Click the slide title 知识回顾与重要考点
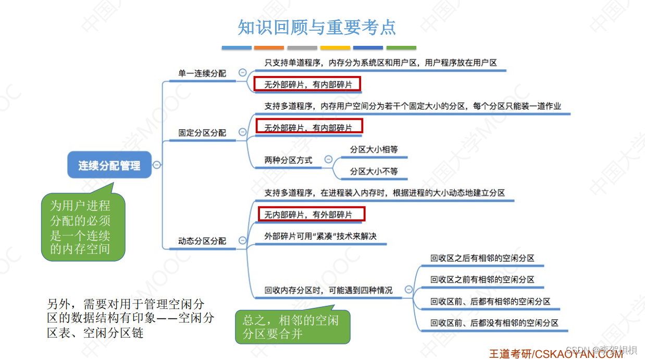(317, 27)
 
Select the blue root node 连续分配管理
(109, 166)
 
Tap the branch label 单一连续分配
(202, 73)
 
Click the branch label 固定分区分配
(202, 133)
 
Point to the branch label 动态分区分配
(202, 241)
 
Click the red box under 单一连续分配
(307, 84)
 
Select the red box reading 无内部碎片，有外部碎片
(312, 214)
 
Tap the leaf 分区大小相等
(374, 150)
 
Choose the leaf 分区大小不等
(374, 171)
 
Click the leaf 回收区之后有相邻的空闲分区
(482, 258)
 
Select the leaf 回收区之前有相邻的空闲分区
(482, 280)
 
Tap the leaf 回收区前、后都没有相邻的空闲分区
(494, 323)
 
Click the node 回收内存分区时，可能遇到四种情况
(328, 291)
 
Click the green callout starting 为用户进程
(83, 227)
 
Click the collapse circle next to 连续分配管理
(157, 165)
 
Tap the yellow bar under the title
(335, 48)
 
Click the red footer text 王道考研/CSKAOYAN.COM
(555, 354)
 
